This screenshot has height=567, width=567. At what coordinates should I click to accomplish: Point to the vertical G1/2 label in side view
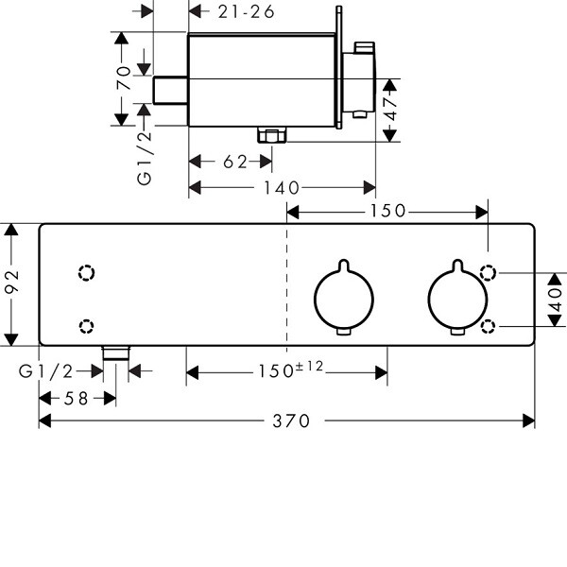[x=145, y=156]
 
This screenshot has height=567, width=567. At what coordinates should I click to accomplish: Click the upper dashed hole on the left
[x=87, y=273]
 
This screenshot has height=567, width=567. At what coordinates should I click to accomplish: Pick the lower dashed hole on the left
[x=87, y=325]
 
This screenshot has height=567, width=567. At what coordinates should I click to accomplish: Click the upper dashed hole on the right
[x=490, y=273]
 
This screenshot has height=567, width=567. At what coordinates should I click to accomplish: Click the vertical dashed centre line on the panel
[x=286, y=283]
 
